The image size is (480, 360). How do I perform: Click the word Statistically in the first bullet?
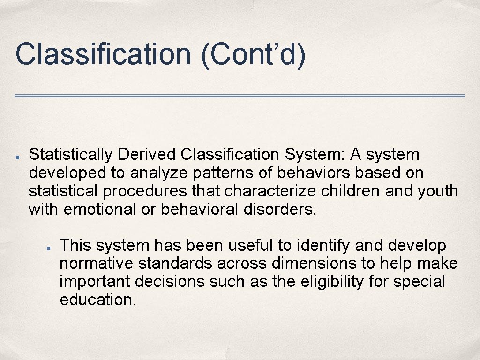[x=71, y=154]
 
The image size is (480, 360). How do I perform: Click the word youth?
[x=439, y=191]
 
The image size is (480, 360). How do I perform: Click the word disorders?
[x=280, y=209]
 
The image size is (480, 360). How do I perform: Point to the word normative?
[x=97, y=263]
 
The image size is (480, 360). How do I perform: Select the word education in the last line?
[x=97, y=300]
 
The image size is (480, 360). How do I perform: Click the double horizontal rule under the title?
[x=240, y=96]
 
